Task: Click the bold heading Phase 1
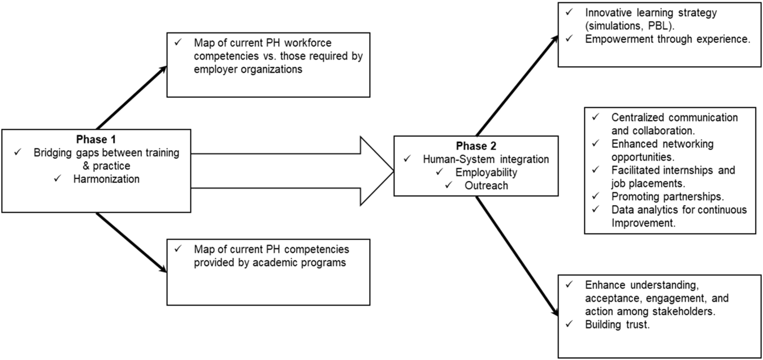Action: coord(96,140)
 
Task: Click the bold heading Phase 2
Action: coord(476,146)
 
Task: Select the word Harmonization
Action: coord(106,179)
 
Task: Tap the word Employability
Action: coord(486,173)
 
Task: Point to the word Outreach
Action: coord(486,185)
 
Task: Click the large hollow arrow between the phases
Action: coord(292,171)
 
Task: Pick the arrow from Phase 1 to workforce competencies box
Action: coord(132,97)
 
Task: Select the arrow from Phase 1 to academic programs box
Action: coord(132,242)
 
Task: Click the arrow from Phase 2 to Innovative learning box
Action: coord(517,85)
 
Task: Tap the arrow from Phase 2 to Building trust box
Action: coord(517,256)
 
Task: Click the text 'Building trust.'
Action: coord(617,324)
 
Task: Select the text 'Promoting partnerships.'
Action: coord(667,197)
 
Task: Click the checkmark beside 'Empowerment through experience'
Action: coord(569,39)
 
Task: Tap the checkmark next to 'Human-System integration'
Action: coord(407,159)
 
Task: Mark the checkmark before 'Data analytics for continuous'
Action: coord(595,210)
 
